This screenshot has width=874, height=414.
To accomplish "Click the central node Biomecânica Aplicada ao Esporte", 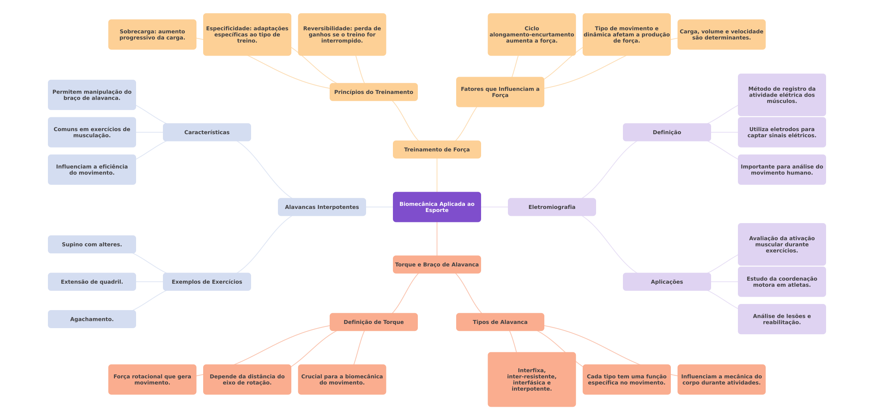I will [437, 207].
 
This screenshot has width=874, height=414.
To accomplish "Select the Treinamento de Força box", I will [437, 149].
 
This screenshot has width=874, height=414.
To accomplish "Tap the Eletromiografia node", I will [552, 207].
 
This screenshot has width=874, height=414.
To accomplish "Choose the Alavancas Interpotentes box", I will [322, 207].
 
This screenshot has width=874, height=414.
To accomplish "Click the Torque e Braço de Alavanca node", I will [437, 264].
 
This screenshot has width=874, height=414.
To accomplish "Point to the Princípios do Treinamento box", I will [373, 92].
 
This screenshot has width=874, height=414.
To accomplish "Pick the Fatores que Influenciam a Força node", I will [500, 92].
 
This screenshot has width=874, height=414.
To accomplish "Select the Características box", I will [207, 132].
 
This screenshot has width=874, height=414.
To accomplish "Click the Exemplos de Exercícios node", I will [207, 282].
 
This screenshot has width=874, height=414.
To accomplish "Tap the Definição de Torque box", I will [373, 322].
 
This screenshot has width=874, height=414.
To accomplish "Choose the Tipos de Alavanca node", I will [500, 322].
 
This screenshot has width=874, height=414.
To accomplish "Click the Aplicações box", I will [667, 282].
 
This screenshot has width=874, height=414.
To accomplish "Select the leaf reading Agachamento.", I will [92, 319].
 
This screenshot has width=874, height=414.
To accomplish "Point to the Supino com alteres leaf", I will [92, 244].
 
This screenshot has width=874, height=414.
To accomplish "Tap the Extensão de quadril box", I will [92, 282].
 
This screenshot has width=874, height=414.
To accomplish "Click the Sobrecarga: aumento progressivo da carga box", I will [152, 34].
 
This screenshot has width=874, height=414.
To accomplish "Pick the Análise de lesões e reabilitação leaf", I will [782, 319].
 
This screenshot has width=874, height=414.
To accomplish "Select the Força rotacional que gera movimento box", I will [152, 379].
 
